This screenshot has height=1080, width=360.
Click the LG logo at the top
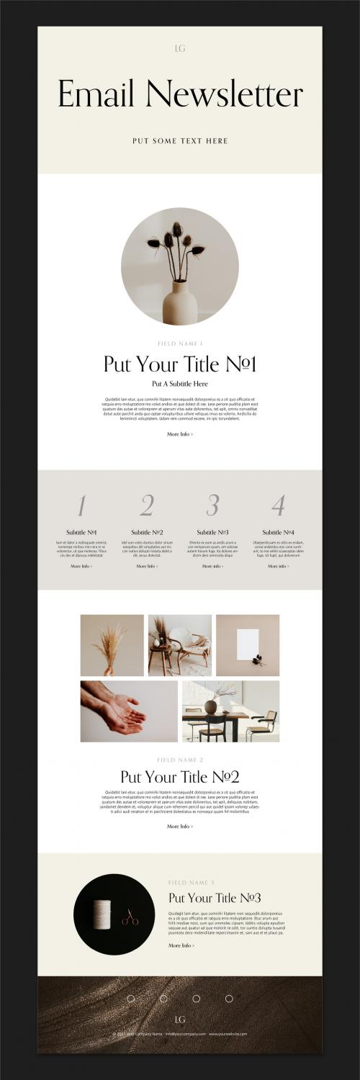click(x=180, y=48)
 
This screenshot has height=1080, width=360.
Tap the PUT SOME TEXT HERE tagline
click(x=180, y=141)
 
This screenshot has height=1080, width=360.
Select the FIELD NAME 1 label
click(x=180, y=343)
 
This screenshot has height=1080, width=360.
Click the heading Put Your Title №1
click(x=180, y=364)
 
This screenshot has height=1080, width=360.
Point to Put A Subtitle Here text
click(x=180, y=384)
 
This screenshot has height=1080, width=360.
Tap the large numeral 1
click(x=81, y=506)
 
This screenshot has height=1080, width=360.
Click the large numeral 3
click(x=212, y=505)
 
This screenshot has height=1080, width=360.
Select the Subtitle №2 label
click(x=147, y=532)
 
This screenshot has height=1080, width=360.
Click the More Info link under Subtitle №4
click(x=278, y=567)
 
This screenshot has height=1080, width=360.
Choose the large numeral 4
click(x=278, y=506)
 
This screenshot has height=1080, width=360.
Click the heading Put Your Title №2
click(x=180, y=777)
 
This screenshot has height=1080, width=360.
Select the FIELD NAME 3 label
click(x=191, y=882)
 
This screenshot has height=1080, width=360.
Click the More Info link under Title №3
click(x=181, y=945)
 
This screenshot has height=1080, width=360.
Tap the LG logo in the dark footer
click(x=180, y=1020)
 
